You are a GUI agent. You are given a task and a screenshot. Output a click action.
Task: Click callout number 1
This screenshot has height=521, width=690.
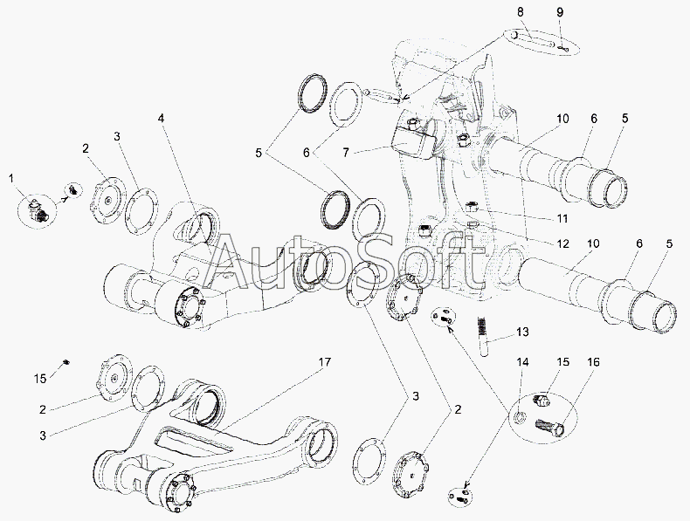(x=11, y=179)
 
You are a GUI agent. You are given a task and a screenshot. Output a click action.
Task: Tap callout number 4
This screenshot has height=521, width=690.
(x=162, y=119)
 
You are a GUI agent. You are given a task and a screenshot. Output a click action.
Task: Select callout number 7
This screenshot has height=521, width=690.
(x=346, y=153)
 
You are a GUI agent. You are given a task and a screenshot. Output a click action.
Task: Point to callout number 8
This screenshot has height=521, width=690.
(x=521, y=12)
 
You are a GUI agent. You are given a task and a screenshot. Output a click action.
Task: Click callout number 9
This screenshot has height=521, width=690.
(x=560, y=12)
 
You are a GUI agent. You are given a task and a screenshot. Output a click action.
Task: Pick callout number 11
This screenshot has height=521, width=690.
(x=562, y=218)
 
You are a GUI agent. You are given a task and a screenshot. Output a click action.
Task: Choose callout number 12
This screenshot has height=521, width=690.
(x=562, y=243)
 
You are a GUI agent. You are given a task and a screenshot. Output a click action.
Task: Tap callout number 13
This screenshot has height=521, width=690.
(x=522, y=332)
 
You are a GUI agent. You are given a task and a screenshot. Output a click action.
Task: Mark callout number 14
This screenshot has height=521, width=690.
(x=523, y=362)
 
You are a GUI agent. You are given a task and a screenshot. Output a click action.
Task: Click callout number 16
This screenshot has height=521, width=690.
(x=593, y=362)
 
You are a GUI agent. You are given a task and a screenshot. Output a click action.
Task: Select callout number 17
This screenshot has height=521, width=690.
(x=325, y=362)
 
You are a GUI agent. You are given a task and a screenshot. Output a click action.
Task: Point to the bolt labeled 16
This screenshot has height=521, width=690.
(x=549, y=426)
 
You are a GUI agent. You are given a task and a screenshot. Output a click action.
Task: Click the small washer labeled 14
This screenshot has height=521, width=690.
(x=520, y=417)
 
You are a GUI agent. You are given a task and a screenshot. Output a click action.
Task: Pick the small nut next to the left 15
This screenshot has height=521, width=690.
(x=66, y=362)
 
